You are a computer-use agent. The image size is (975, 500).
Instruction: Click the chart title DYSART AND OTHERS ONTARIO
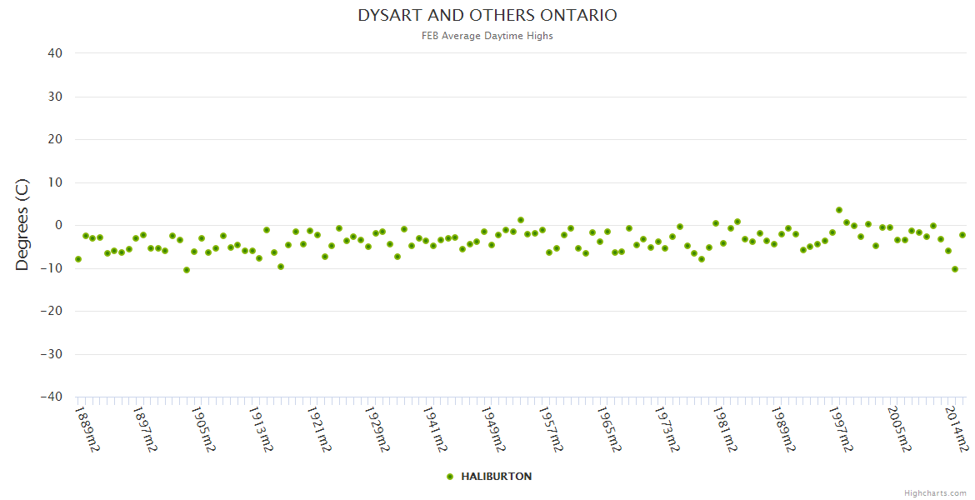tap(487, 16)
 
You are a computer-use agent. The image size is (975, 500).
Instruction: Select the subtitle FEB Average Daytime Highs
tap(487, 36)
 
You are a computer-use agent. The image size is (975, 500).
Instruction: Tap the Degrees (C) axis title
tap(22, 225)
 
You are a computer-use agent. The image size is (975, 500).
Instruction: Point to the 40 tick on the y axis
tap(55, 53)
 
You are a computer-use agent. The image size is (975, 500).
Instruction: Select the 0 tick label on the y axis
tap(58, 225)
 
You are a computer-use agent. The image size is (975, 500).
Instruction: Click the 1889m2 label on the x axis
tap(87, 429)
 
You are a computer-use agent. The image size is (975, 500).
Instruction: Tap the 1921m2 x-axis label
tap(318, 429)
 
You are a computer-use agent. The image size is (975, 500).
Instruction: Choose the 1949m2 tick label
tap(492, 429)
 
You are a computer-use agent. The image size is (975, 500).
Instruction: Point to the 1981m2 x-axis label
tap(725, 429)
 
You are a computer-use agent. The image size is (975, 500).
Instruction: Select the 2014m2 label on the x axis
tap(957, 429)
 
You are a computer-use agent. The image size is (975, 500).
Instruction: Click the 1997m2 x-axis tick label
tap(841, 429)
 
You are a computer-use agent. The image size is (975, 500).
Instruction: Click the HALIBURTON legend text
tap(496, 477)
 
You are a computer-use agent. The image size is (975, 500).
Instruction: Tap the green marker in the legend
tap(450, 477)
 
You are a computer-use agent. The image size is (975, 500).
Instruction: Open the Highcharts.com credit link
tap(935, 493)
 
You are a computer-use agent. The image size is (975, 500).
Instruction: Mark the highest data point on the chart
tap(839, 210)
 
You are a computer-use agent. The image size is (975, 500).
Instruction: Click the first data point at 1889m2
tap(78, 259)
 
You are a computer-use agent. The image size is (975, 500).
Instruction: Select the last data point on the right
tap(962, 235)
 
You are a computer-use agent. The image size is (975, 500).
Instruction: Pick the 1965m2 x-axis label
tap(608, 429)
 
